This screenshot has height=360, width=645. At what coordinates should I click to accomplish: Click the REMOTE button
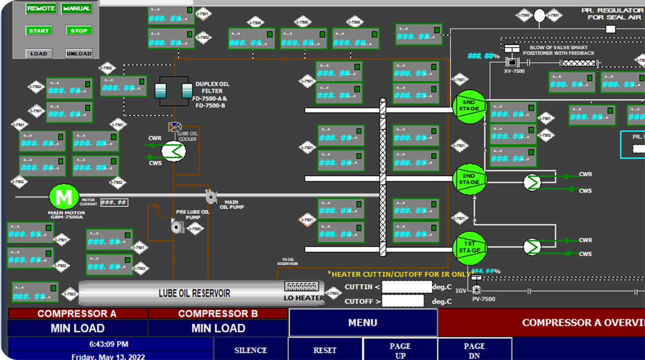point(41,8)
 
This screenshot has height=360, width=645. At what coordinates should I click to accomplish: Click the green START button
point(39,31)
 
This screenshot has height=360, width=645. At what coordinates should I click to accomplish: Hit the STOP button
point(79,31)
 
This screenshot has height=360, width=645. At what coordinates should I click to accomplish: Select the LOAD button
point(39,53)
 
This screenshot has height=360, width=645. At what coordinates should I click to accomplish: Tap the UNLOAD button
point(79,53)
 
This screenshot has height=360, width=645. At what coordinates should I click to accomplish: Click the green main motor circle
point(64,197)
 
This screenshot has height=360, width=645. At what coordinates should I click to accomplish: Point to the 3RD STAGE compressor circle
point(470,106)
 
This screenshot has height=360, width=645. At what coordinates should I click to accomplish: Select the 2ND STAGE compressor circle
point(470,179)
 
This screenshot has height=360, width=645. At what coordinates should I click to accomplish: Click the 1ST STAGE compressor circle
point(470,248)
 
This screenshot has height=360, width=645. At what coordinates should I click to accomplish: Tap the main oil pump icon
point(211,197)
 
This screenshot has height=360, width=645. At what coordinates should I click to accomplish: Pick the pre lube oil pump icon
point(177,227)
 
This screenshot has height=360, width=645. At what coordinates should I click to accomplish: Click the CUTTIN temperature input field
point(407,287)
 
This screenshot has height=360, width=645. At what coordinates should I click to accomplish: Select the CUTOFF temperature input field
point(403,301)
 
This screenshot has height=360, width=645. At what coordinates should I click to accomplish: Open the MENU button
point(363,322)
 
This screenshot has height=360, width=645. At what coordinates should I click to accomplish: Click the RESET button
point(325,350)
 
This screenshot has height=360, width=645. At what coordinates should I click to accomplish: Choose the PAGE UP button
point(400,350)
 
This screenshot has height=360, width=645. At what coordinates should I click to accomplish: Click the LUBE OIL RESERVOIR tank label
point(194,293)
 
